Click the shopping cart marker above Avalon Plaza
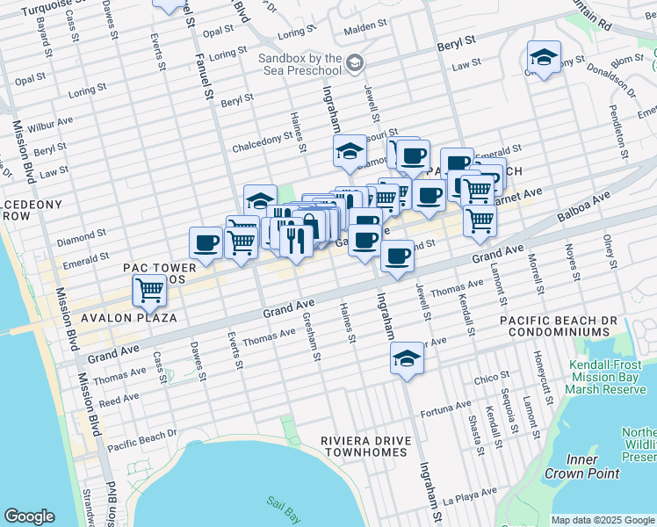tap(149, 289)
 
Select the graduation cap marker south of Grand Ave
tap(406, 359)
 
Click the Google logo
tap(29, 516)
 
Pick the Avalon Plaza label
tap(129, 317)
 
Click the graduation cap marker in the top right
tap(545, 58)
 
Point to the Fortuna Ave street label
tap(445, 408)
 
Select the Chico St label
tap(486, 379)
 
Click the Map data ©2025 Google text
tap(602, 520)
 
